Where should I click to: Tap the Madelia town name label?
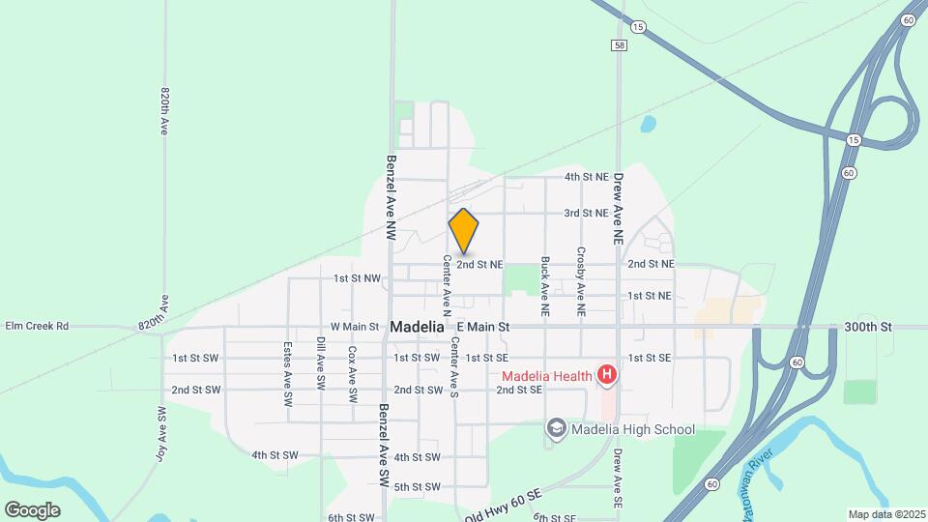click(418, 328)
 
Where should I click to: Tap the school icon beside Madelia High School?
click(556, 428)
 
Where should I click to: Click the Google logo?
click(32, 509)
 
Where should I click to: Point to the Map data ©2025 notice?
click(885, 513)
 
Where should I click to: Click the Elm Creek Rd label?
click(37, 327)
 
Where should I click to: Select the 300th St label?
click(867, 328)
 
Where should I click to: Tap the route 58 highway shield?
click(619, 45)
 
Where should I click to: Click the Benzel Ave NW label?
click(391, 198)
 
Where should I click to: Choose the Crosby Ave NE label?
click(581, 282)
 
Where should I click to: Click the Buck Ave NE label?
click(545, 287)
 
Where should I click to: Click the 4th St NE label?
click(586, 177)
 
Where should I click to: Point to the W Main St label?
click(355, 328)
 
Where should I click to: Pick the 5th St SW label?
click(417, 486)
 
